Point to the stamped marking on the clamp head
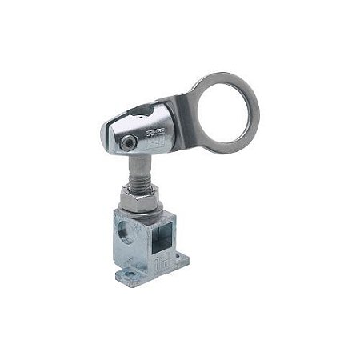pos(161,130)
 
